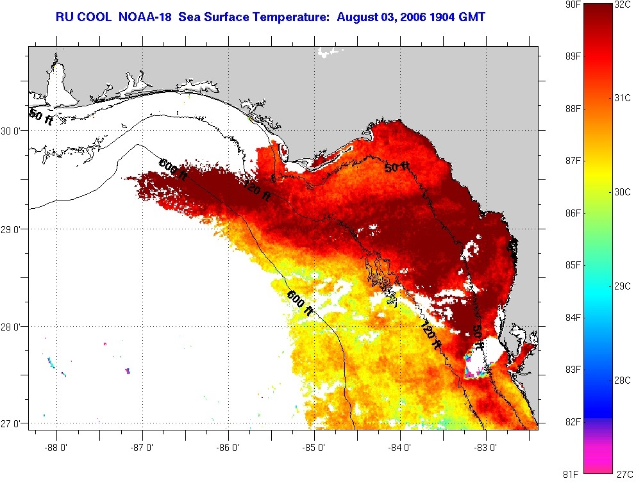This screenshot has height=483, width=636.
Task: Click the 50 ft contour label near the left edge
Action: [x=41, y=117]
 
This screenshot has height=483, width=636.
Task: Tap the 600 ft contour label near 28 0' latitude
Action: [x=300, y=302]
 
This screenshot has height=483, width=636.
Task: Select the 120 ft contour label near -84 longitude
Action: [x=431, y=334]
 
